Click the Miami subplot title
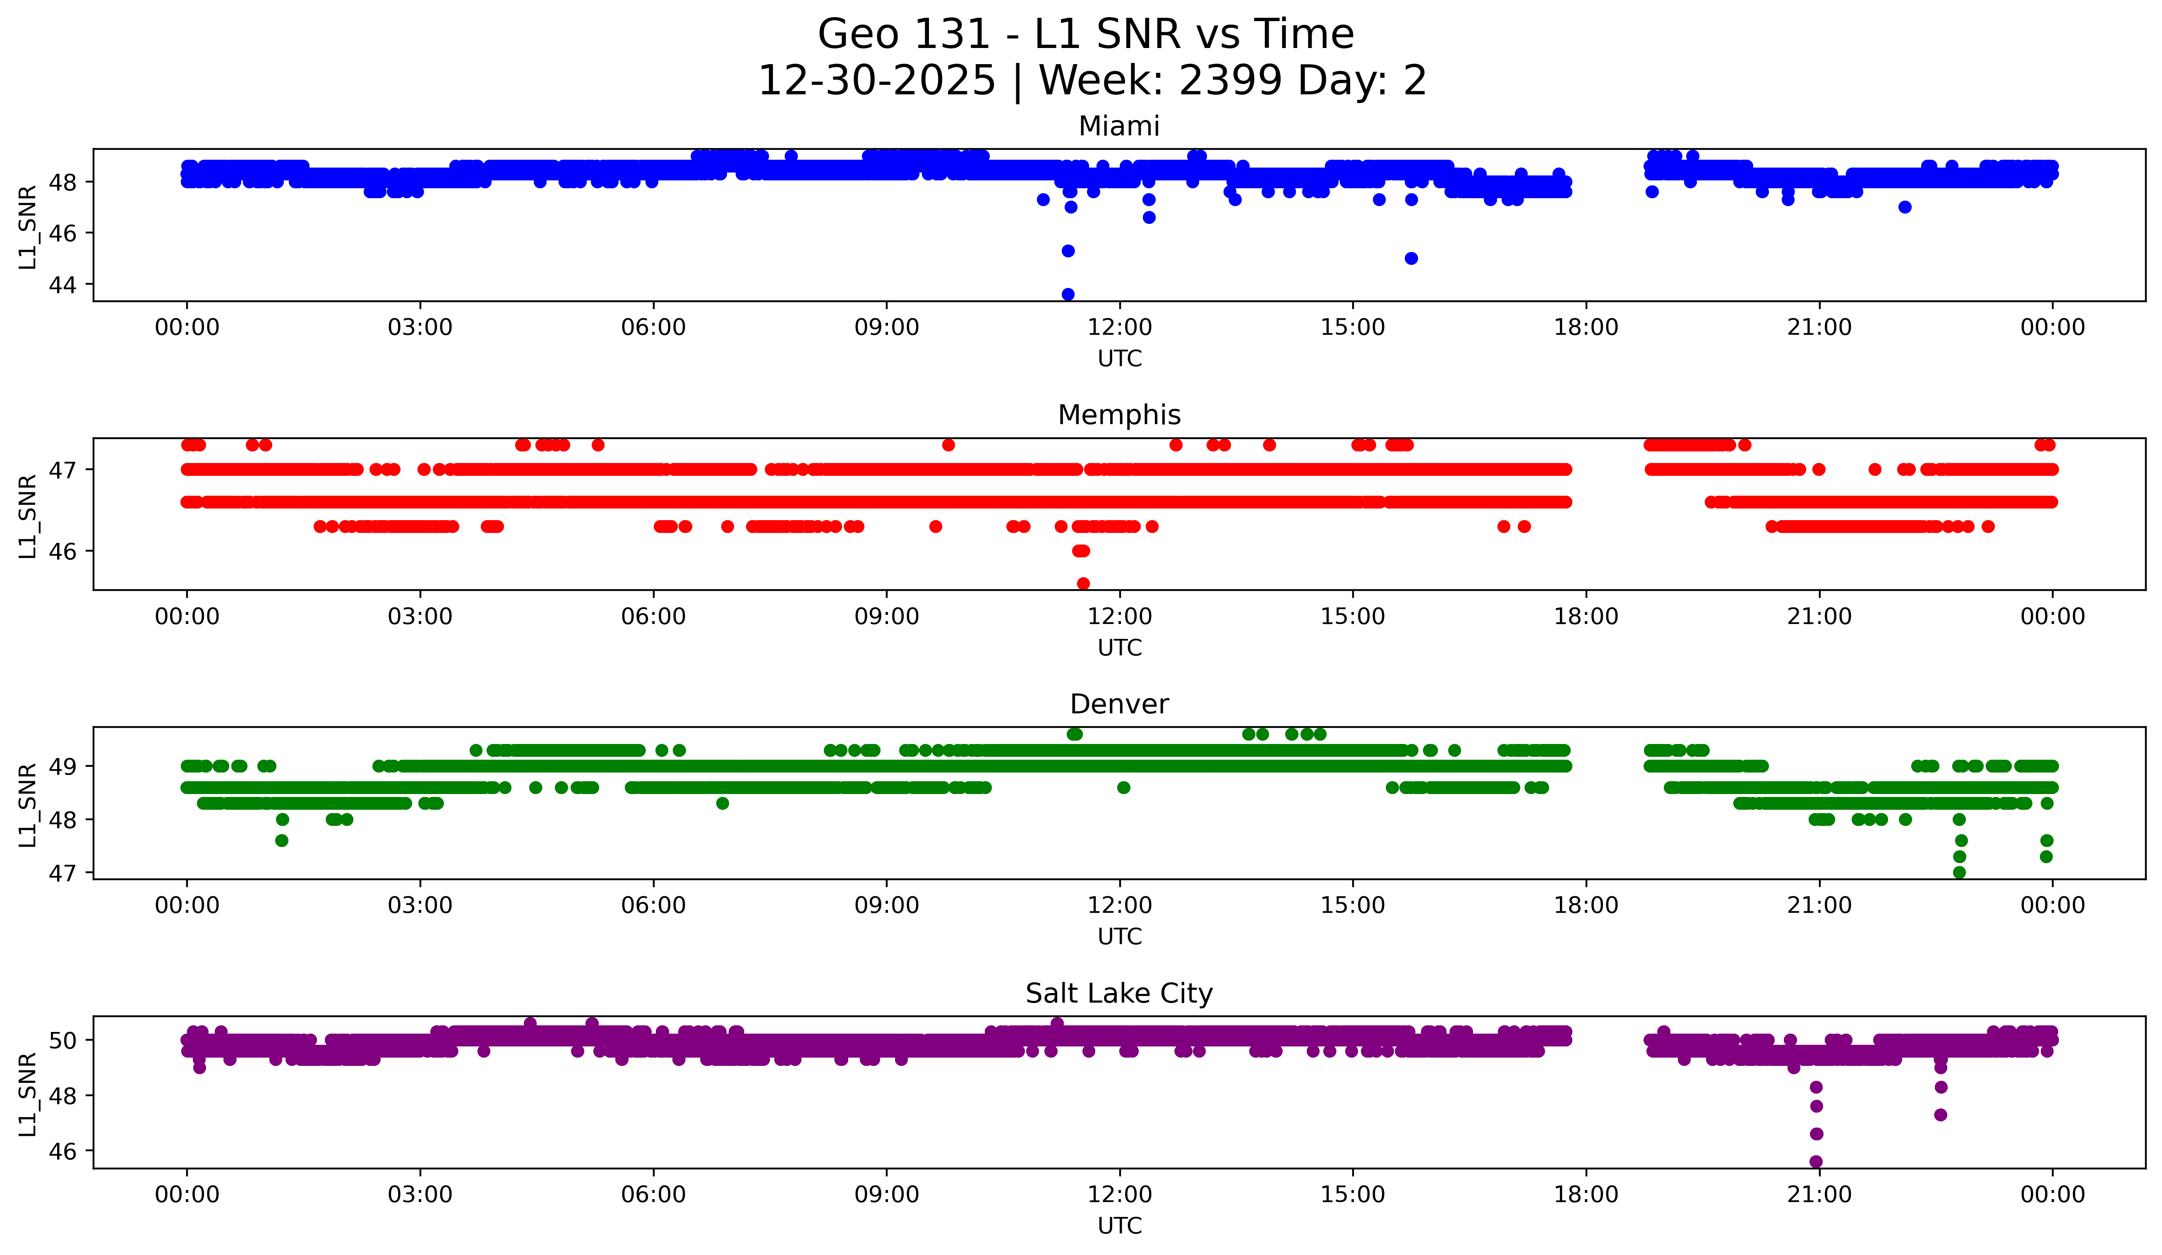pyautogui.click(x=1119, y=126)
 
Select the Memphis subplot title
pyautogui.click(x=1119, y=415)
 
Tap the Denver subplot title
pyautogui.click(x=1119, y=704)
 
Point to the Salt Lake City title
pyautogui.click(x=1119, y=993)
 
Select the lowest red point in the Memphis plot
pyautogui.click(x=1083, y=583)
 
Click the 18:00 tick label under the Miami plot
pyautogui.click(x=1586, y=328)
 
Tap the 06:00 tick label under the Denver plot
pyautogui.click(x=653, y=906)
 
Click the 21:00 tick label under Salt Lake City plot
pyautogui.click(x=1819, y=1195)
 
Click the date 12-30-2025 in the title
pyautogui.click(x=877, y=81)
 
